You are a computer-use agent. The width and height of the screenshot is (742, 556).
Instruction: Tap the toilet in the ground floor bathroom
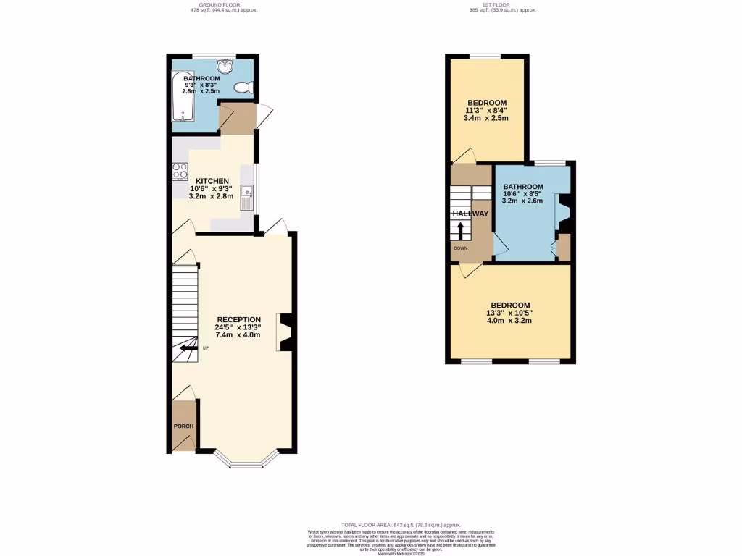click(243, 88)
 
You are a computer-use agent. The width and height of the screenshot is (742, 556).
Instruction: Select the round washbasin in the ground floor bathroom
click(226, 67)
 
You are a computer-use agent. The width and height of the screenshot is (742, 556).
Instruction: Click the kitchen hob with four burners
click(180, 172)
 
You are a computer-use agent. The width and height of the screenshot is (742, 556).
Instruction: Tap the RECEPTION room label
click(239, 319)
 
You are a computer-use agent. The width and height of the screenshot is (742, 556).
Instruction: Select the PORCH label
click(183, 426)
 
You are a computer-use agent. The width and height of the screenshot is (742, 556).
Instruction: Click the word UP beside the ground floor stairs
click(206, 348)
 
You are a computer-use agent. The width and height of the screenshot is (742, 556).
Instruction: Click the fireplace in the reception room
click(285, 332)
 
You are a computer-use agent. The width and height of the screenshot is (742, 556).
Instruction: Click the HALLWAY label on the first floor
click(470, 214)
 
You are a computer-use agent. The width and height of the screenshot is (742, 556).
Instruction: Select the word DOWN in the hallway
click(460, 248)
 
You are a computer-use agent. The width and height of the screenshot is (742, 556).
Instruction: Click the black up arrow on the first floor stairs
click(460, 230)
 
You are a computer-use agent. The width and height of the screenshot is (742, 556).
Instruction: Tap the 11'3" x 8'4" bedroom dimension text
click(486, 111)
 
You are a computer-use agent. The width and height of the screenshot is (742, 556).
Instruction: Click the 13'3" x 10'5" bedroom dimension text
click(510, 313)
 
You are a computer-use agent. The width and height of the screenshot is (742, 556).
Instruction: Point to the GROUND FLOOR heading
click(218, 5)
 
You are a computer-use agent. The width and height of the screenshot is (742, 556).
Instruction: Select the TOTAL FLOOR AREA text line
click(401, 524)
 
